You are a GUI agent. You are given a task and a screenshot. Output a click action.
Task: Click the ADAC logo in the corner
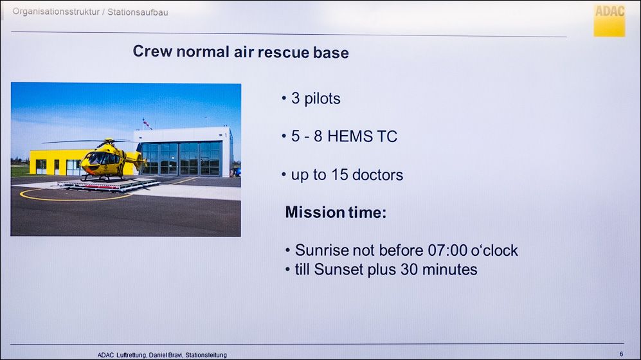point(609,21)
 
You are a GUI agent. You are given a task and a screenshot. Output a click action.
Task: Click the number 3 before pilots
point(295,98)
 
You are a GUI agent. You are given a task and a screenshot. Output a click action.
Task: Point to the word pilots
point(322,99)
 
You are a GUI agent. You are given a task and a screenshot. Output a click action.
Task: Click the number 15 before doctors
point(339,175)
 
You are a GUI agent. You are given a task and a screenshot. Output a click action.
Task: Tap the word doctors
point(377,175)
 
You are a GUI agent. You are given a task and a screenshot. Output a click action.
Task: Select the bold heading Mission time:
point(336,213)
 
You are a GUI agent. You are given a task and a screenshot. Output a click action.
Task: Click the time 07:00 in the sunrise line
point(447,251)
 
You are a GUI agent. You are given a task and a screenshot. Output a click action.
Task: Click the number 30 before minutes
point(409,270)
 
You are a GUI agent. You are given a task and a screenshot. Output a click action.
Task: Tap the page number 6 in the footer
point(621,354)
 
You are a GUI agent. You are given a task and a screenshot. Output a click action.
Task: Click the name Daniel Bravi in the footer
point(166,355)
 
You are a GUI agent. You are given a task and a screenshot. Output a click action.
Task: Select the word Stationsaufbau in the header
point(138,12)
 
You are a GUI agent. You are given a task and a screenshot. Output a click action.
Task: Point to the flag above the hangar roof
point(147,123)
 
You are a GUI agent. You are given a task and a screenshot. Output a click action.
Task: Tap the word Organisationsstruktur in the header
point(56,12)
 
